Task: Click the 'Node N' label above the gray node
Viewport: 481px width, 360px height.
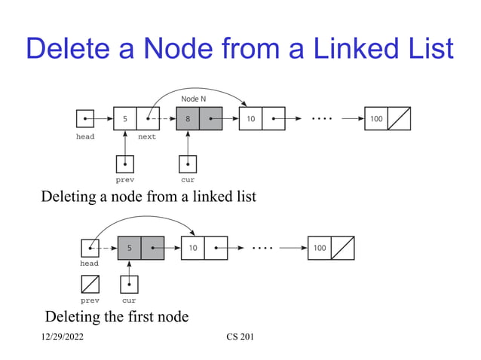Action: point(194,99)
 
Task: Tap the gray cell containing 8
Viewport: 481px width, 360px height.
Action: point(188,119)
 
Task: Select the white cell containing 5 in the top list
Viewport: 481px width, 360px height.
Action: point(124,119)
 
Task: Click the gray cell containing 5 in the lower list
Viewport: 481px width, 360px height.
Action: point(129,248)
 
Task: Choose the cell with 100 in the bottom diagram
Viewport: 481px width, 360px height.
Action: point(320,248)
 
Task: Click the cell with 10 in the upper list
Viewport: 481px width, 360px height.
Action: point(250,119)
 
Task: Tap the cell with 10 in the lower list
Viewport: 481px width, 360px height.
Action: point(193,248)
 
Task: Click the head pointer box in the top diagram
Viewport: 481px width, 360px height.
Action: point(85,119)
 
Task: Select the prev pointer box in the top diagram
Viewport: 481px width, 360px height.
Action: point(125,163)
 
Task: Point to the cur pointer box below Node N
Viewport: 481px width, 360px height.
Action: point(188,163)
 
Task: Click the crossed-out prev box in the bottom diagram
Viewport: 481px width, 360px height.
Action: point(89,284)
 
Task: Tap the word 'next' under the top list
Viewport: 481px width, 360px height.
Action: point(147,137)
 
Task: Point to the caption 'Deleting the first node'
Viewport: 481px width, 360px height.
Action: point(117,316)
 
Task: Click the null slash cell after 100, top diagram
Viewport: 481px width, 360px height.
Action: point(399,119)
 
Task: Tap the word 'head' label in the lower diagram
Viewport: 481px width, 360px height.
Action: point(89,264)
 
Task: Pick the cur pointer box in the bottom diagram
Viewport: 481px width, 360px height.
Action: point(130,284)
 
